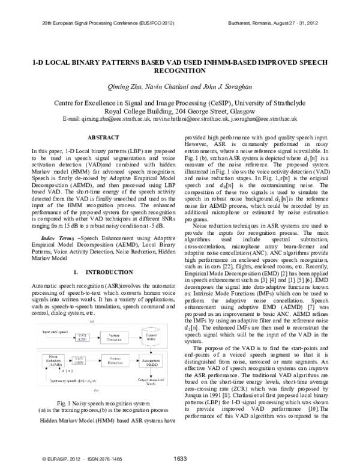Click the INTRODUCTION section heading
tap(98, 289)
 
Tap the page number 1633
tap(180, 458)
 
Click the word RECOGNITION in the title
tap(179, 70)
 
